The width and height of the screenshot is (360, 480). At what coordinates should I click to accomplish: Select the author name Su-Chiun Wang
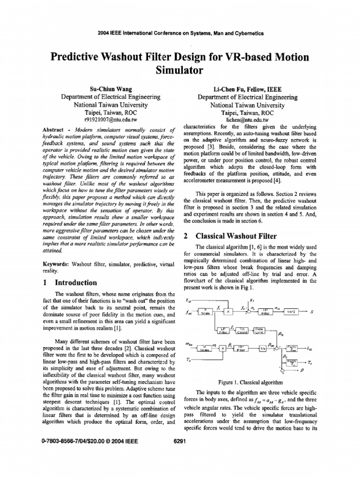111,89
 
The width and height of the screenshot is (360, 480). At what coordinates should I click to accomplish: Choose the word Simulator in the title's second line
180,71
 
